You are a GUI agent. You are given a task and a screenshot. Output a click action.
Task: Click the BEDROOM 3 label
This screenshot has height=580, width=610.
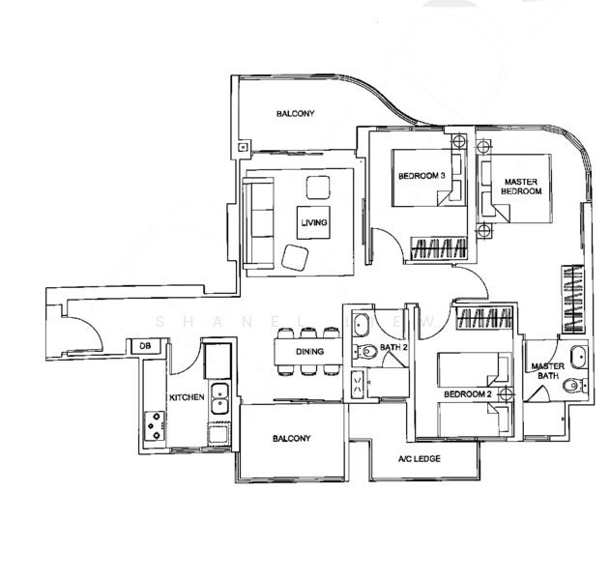click(x=421, y=176)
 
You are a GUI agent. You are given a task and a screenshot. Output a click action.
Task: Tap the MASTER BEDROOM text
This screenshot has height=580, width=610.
click(x=521, y=185)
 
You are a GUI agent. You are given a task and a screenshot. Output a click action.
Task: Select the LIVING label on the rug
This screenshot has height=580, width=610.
click(x=314, y=223)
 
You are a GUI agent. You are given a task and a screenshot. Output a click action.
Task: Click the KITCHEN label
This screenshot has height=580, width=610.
click(x=186, y=397)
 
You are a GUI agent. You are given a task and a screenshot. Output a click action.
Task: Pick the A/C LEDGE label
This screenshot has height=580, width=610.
click(x=419, y=458)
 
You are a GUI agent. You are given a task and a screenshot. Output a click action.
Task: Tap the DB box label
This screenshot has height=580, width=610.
click(x=145, y=345)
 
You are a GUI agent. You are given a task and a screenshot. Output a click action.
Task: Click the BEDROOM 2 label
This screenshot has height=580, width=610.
click(x=468, y=394)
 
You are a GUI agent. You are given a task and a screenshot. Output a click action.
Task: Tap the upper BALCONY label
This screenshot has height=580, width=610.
click(x=295, y=114)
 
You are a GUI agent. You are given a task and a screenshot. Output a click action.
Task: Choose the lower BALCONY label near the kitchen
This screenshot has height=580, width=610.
click(x=291, y=439)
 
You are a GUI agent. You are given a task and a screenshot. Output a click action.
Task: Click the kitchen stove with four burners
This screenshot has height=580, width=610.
click(x=155, y=425)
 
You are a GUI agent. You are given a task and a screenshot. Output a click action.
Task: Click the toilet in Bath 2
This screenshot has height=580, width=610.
click(x=364, y=351)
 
